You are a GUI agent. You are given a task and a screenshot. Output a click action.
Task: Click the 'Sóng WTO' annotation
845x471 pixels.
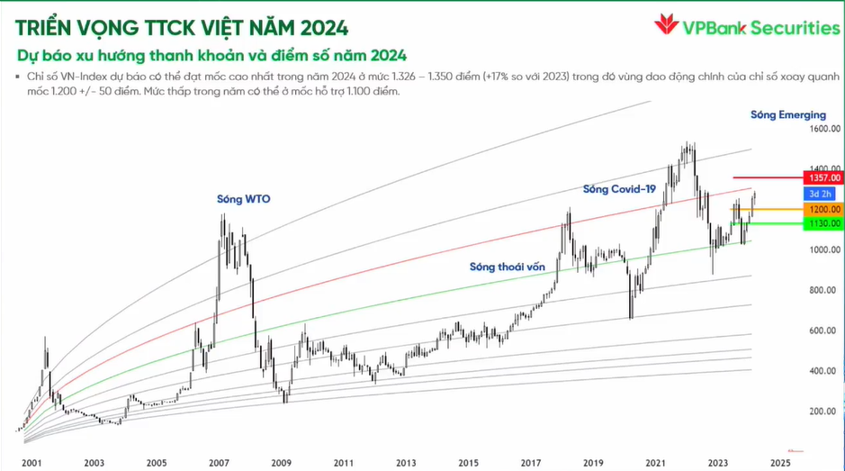click(x=244, y=198)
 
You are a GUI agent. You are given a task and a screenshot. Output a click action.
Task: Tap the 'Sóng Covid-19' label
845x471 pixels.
click(x=619, y=189)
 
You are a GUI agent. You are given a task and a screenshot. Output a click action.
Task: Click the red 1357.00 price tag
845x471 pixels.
click(x=823, y=178)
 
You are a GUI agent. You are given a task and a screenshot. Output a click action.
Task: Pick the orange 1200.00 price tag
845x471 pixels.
click(x=823, y=209)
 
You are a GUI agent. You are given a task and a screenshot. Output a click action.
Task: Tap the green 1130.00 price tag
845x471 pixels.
click(x=823, y=222)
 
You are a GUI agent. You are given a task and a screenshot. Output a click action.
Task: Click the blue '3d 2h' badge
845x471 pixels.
click(x=818, y=193)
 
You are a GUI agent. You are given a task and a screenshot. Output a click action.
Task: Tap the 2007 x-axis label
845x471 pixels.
click(x=219, y=462)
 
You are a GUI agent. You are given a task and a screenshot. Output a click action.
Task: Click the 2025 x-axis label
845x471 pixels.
click(x=779, y=462)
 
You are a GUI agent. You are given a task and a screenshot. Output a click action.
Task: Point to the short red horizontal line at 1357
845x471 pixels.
click(x=765, y=177)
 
